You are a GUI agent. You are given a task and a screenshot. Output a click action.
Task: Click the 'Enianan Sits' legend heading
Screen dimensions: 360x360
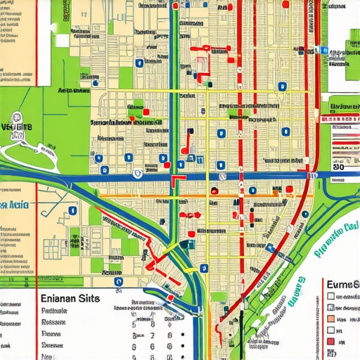coord(65,298)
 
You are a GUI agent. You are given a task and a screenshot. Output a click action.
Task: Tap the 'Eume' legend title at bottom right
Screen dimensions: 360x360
coord(343,285)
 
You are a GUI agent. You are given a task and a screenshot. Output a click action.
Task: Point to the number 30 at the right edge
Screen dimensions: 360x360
coord(338,167)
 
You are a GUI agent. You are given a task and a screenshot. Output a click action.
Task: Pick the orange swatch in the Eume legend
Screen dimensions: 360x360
coord(331,318)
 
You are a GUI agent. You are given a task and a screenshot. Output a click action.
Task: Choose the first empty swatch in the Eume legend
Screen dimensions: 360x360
coord(331,297)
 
